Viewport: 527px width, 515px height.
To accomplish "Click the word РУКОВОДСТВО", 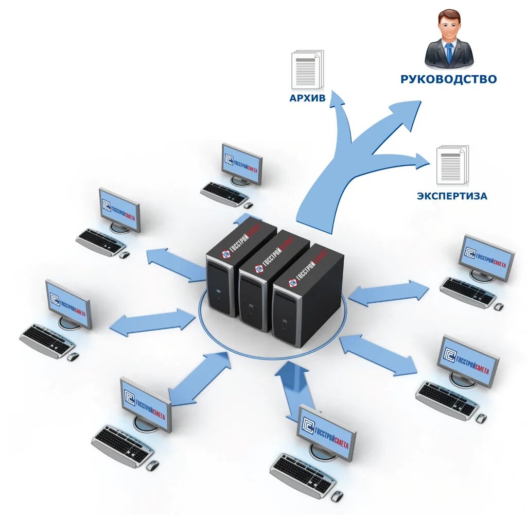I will click(449, 79).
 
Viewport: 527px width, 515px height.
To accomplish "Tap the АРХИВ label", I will click(308, 98).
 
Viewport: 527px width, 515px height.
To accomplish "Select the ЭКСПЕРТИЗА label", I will click(452, 196).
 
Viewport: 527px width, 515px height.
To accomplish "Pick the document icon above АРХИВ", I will click(307, 69).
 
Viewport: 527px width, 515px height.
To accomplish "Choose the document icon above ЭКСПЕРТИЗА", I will click(452, 165).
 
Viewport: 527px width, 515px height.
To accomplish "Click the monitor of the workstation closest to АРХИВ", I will click(242, 162).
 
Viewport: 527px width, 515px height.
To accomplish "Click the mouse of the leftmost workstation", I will click(73, 356).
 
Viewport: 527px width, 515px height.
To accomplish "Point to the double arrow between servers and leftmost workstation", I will click(153, 322).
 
